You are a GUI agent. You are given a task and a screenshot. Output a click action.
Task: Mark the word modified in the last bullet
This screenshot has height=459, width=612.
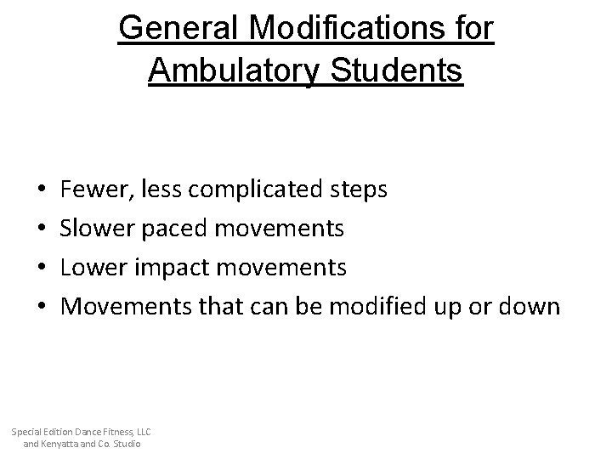[384, 306]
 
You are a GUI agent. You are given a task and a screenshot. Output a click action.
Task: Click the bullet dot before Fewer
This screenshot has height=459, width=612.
[42, 190]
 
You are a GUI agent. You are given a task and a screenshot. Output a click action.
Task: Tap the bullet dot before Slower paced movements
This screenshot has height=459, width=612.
[42, 229]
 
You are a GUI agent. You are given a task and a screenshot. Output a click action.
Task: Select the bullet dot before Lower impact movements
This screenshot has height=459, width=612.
[42, 268]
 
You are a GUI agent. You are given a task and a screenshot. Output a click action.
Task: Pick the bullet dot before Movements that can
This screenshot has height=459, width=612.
[42, 307]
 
